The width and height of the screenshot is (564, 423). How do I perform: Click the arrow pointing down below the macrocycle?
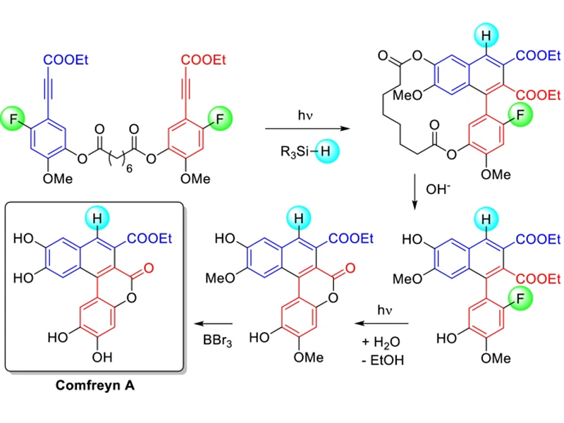(x=416, y=190)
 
